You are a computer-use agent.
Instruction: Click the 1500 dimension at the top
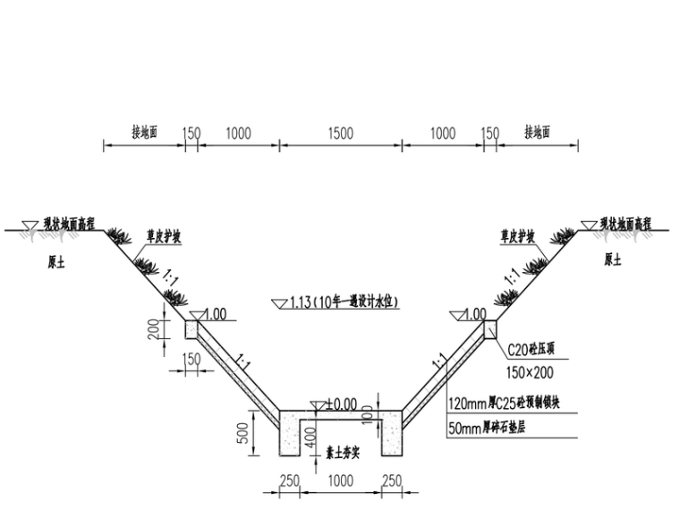(x=339, y=133)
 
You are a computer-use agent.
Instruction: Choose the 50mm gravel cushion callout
(x=487, y=429)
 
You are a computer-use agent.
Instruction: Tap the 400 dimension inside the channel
(x=310, y=438)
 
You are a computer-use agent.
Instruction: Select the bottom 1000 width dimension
(x=339, y=480)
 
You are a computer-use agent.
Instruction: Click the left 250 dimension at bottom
(x=289, y=480)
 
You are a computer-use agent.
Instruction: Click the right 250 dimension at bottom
(x=391, y=480)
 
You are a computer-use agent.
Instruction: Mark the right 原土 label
(x=613, y=260)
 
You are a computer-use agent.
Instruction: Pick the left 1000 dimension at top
(x=237, y=133)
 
